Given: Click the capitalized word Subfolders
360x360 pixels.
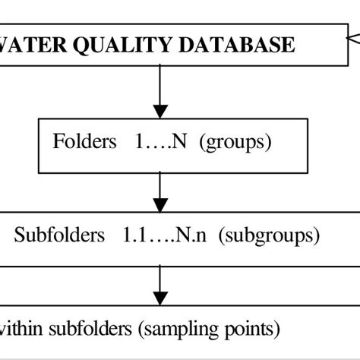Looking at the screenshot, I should [x=59, y=235].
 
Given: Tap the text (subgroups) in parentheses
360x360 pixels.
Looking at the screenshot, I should [x=269, y=235].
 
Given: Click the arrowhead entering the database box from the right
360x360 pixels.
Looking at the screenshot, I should [x=352, y=36].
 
